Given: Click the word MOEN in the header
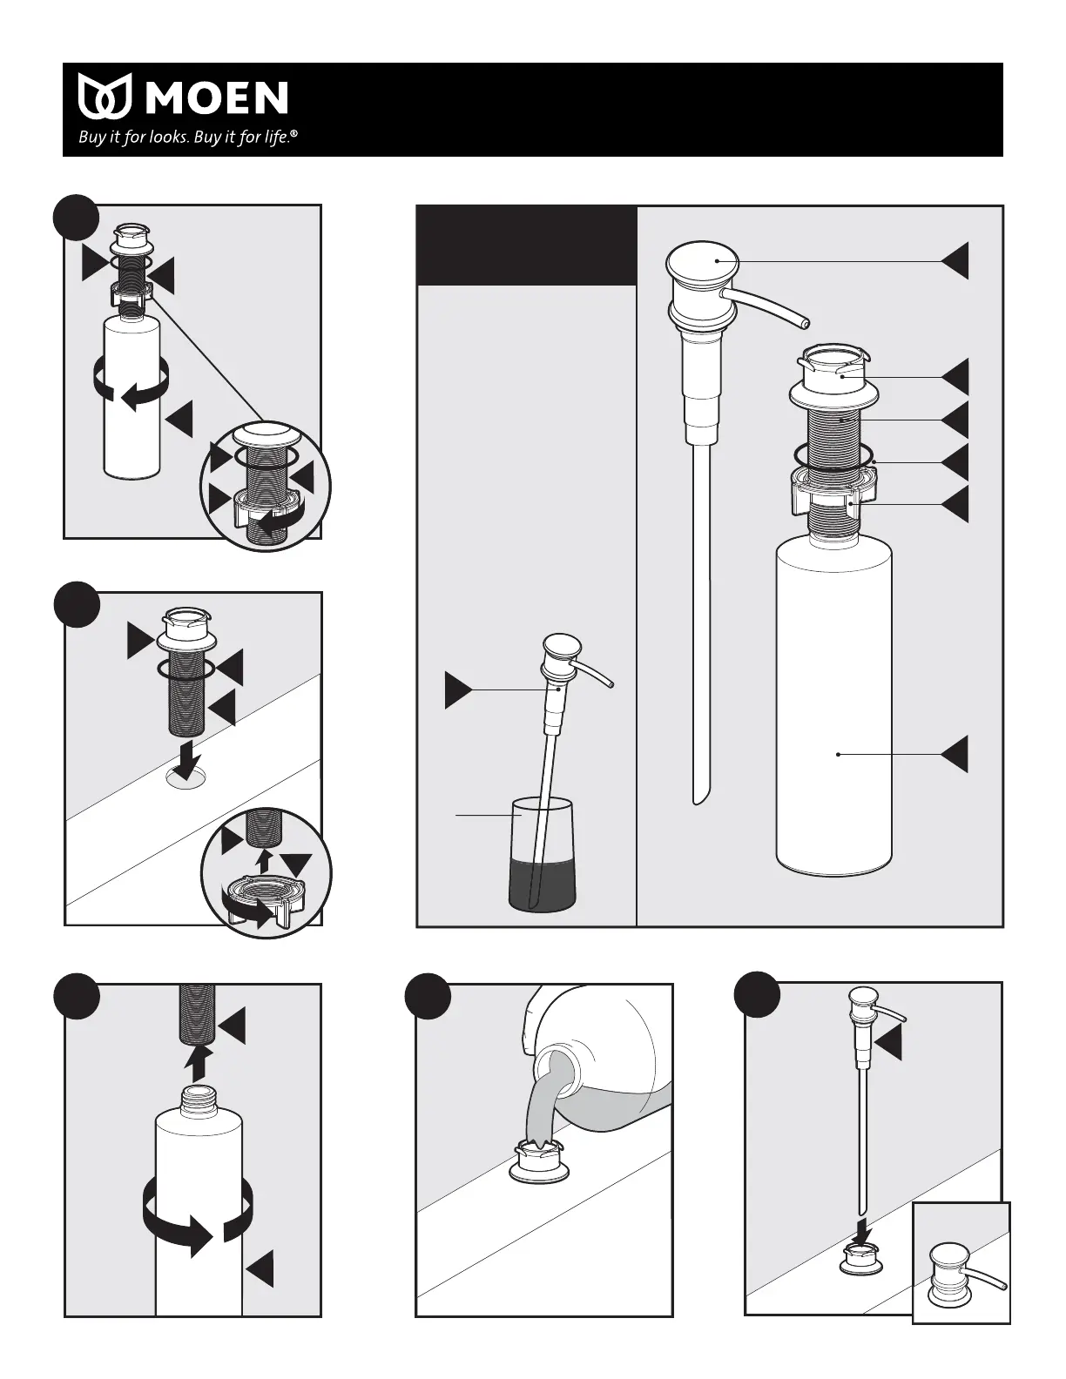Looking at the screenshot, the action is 217,98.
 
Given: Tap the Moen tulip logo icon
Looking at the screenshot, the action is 105,96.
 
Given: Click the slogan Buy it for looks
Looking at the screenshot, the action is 133,137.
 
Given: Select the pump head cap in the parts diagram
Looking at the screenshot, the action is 702,261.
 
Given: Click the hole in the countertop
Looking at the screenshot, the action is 186,778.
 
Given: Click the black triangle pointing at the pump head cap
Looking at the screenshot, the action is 955,261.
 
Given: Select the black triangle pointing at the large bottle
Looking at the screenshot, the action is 955,754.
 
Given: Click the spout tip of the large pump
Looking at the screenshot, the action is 805,324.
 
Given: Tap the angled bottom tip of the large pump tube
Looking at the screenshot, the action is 698,799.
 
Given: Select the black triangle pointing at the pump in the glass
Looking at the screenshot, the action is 458,690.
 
